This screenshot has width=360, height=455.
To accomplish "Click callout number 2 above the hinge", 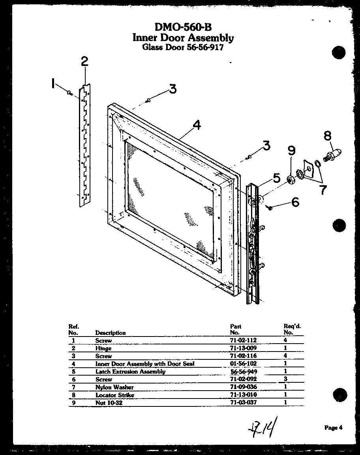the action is (x=84, y=62).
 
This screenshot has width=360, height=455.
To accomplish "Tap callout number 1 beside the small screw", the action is (x=53, y=84).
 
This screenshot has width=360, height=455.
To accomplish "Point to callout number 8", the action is (x=327, y=136).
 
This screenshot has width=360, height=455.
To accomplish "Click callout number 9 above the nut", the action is (x=291, y=151).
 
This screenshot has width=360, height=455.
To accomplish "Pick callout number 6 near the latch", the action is (x=295, y=202).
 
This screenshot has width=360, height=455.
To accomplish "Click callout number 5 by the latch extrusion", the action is (x=276, y=178).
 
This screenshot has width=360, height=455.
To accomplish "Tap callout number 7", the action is (x=323, y=190).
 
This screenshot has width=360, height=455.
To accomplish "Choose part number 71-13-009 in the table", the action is (x=243, y=348).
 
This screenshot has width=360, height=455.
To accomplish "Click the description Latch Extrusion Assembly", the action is (x=130, y=372).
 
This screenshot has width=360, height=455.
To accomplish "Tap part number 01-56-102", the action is (x=243, y=364).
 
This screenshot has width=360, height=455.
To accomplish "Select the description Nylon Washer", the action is (x=114, y=387).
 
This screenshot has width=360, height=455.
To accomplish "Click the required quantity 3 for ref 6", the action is (x=285, y=379).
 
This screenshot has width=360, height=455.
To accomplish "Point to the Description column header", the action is (x=111, y=333).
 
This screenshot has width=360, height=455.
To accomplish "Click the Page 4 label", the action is (x=334, y=427).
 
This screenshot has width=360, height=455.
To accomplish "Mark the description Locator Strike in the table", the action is (x=114, y=395).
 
